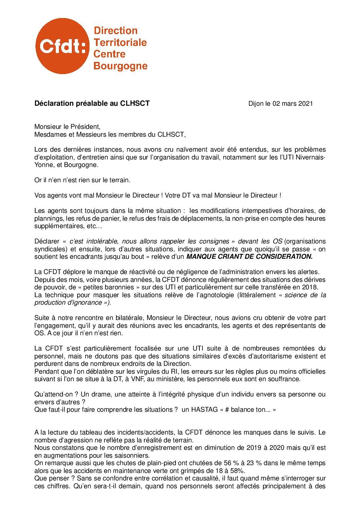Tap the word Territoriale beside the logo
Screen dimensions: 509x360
(120, 43)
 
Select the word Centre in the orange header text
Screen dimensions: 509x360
(109, 54)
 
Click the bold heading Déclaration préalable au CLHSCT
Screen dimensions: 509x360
(92, 103)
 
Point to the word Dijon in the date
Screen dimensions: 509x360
(256, 103)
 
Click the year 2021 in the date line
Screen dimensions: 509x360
(305, 103)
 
